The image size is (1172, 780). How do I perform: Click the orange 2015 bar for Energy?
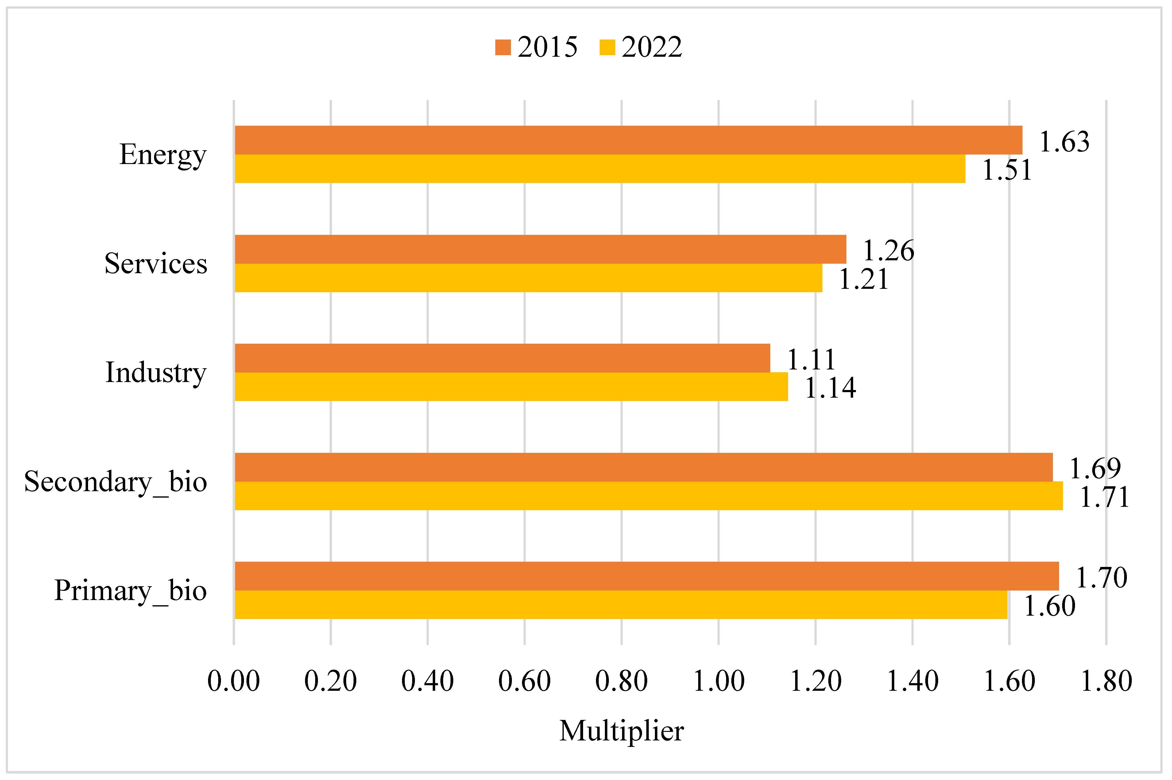tap(628, 140)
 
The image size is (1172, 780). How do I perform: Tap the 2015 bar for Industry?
tap(502, 358)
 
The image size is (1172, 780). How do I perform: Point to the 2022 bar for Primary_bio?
tap(621, 605)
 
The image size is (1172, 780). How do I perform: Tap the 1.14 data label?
tap(830, 388)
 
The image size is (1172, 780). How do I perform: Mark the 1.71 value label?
tap(1104, 497)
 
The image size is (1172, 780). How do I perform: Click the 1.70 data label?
tap(1101, 578)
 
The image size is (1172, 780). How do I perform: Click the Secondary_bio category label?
tap(115, 482)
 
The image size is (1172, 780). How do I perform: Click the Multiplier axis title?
tap(621, 731)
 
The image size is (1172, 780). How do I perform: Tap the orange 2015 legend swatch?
tap(503, 47)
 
